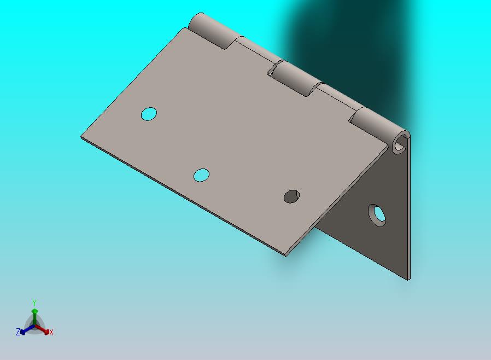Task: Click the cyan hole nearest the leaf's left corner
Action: [149, 114]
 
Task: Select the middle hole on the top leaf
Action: [201, 175]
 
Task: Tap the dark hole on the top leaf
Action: [291, 196]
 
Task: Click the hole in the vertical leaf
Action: [377, 216]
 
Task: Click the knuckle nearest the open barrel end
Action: [379, 125]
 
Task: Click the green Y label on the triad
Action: [34, 303]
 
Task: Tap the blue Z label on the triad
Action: [18, 332]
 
